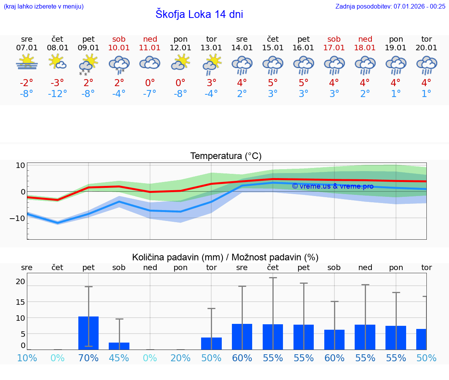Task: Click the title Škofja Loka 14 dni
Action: [x=199, y=14]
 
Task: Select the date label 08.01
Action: [x=57, y=48]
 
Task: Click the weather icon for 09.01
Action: [x=88, y=64]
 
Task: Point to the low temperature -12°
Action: [x=57, y=94]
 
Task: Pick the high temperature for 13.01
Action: [x=211, y=83]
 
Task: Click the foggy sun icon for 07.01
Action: [x=27, y=62]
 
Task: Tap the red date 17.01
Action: [x=334, y=48]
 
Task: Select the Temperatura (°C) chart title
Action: [x=226, y=156]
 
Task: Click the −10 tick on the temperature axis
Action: [x=18, y=218]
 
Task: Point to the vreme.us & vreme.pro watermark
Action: [x=332, y=186]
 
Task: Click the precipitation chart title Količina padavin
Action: [x=225, y=257]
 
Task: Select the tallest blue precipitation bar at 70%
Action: [x=88, y=333]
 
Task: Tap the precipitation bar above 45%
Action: [x=119, y=346]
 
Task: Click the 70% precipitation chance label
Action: [x=88, y=358]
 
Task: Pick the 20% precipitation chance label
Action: [x=180, y=358]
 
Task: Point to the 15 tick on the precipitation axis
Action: [x=20, y=302]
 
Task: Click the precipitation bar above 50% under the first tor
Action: [x=211, y=343]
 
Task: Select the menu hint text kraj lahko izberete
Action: [x=43, y=6]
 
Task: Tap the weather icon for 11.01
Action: [x=150, y=63]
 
